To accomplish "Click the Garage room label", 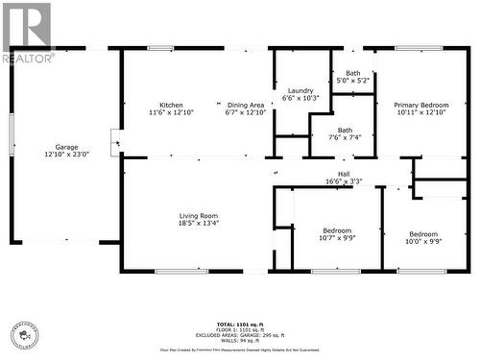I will click(x=66, y=147).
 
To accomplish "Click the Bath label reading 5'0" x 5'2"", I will click(x=353, y=73).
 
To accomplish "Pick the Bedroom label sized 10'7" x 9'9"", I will click(x=337, y=230).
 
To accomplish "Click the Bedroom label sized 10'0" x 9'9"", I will click(x=423, y=234).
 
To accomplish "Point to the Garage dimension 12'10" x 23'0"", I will click(x=66, y=155).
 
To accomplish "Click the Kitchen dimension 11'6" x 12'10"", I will click(x=171, y=112).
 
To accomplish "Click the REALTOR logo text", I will click(x=28, y=59).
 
